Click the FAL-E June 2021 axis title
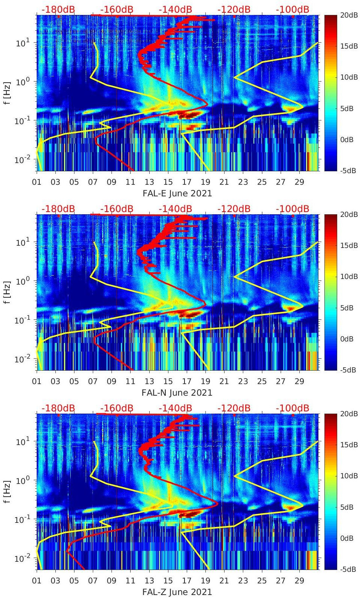tap(177, 193)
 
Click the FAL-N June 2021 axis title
tap(177, 393)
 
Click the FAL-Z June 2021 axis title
tap(177, 592)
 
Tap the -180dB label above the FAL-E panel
tap(58, 9)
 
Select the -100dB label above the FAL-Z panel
tap(293, 408)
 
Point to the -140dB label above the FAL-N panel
tap(175, 209)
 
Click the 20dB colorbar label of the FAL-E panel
tap(349, 15)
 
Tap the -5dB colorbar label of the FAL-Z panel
tap(347, 569)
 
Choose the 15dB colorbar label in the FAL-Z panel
tap(349, 445)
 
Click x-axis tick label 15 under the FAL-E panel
tap(168, 182)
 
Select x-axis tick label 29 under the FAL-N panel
tap(299, 381)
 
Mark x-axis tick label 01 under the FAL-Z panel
tap(37, 581)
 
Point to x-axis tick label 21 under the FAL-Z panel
tap(224, 581)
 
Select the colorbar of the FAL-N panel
tap(330, 292)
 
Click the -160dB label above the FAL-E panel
tap(117, 9)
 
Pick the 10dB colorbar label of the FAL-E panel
tap(349, 77)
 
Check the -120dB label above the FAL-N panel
tap(234, 209)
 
